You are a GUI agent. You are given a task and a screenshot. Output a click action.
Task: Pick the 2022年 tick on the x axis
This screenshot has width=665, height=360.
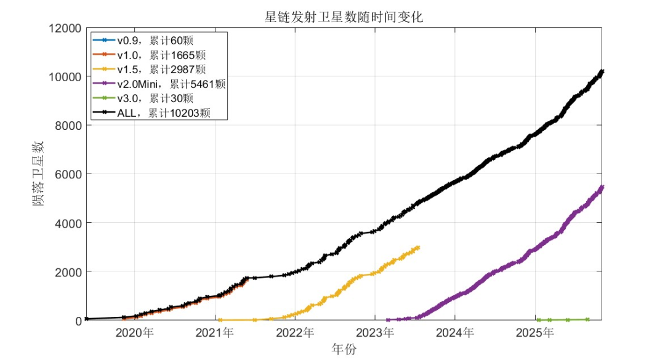[296, 333]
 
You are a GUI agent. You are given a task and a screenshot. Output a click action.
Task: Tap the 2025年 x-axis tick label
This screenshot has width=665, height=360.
[535, 333]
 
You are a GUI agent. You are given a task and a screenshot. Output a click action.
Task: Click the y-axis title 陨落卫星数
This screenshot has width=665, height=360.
[38, 174]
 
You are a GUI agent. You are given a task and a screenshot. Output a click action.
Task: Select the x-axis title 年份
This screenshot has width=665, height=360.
[344, 349]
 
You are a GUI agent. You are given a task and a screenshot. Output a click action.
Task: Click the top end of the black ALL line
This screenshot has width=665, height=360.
[602, 71]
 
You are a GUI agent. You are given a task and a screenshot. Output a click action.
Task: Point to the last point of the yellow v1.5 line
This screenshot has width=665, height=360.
[418, 247]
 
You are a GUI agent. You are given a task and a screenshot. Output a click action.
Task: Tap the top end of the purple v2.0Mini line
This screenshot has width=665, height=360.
[602, 186]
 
